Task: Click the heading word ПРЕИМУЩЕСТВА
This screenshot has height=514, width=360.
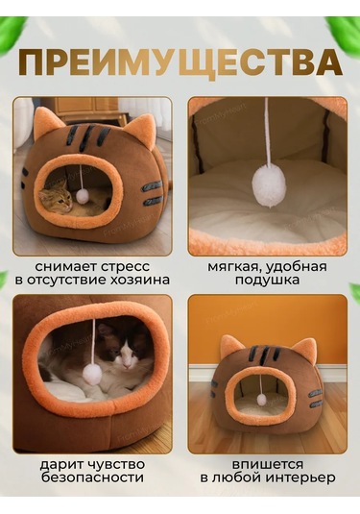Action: [180, 62]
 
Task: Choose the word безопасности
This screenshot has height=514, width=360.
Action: [93, 477]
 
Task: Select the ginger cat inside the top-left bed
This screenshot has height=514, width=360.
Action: [58, 197]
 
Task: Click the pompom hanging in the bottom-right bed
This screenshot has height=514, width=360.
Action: [260, 398]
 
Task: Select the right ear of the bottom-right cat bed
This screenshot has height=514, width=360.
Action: [302, 349]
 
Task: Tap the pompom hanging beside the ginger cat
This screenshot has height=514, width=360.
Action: [83, 196]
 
